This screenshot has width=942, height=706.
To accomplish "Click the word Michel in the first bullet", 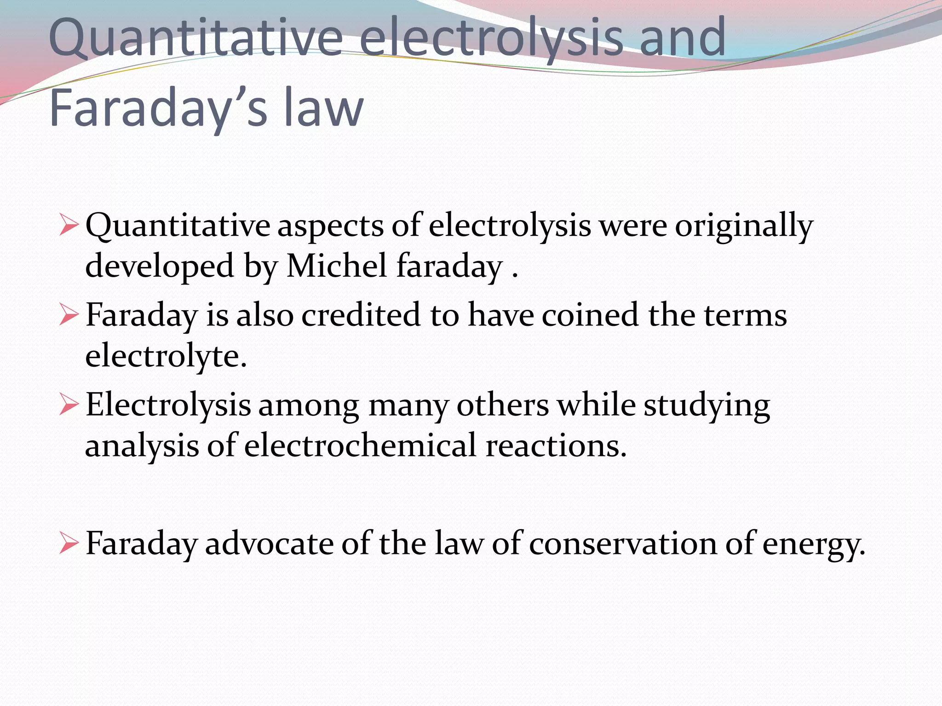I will tap(336, 266).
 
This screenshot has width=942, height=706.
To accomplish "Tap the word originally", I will tap(744, 226).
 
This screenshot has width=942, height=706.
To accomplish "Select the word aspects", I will tap(330, 226).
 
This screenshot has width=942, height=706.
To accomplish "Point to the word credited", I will tap(361, 315).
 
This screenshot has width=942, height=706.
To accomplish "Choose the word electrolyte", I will tap(166, 356).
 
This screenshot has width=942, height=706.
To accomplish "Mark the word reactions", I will tap(556, 445).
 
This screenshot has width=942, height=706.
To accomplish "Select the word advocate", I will tap(269, 544).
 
